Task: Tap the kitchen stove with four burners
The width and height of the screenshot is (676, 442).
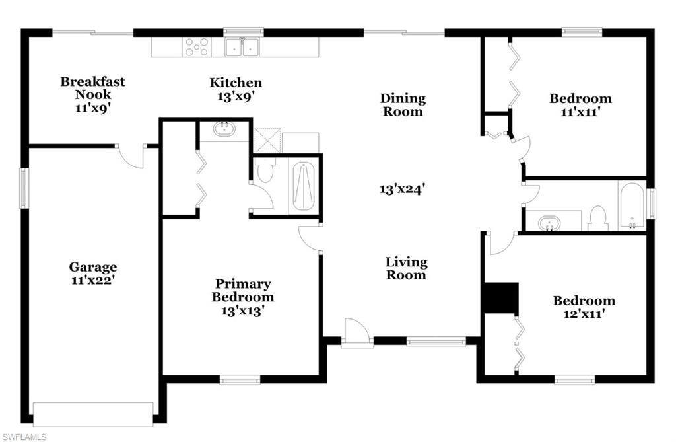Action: click(196, 47)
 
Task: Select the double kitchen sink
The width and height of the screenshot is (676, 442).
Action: click(242, 47)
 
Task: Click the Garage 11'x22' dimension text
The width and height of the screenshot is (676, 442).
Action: click(93, 280)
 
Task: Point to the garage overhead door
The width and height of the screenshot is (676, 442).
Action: click(93, 414)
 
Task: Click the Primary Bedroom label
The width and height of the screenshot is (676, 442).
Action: click(242, 291)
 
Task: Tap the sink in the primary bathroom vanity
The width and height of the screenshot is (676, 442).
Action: click(224, 128)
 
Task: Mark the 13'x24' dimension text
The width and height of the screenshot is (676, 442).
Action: click(401, 189)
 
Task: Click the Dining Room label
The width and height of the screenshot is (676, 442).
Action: click(403, 105)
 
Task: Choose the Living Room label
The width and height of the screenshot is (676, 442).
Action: click(406, 268)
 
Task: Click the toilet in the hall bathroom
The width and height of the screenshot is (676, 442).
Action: click(598, 218)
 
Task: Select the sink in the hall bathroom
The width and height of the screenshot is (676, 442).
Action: click(548, 223)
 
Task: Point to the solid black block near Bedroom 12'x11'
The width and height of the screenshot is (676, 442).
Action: click(500, 298)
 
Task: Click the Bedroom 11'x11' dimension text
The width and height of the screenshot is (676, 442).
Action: click(580, 112)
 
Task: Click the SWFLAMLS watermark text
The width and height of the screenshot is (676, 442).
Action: click(25, 437)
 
